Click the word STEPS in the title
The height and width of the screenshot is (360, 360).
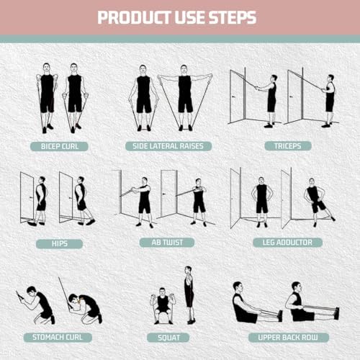click(x=233, y=17)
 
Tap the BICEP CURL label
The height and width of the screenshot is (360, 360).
click(x=59, y=146)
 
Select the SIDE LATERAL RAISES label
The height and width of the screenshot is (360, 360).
click(x=168, y=146)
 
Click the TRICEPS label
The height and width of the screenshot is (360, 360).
click(x=284, y=146)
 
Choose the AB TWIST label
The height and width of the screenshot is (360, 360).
click(x=168, y=242)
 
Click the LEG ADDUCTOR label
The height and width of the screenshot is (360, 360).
click(x=282, y=242)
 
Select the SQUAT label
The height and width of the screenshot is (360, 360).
click(x=168, y=337)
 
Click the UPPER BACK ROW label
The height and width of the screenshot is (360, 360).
click(x=283, y=337)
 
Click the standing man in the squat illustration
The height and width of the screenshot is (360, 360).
click(x=189, y=292)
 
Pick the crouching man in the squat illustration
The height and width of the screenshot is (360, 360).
click(x=163, y=306)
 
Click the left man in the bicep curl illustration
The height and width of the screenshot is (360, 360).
click(x=47, y=97)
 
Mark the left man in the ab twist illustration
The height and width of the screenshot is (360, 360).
click(x=144, y=199)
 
